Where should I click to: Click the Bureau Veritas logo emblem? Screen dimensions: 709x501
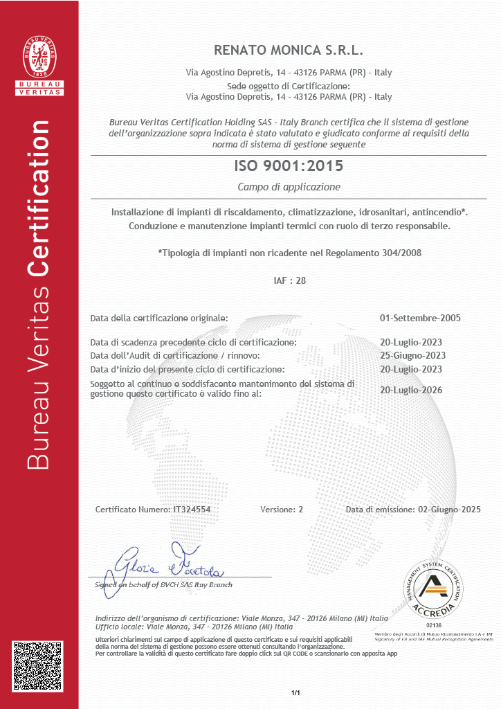(x=39, y=55)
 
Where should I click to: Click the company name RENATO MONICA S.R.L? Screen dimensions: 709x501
(x=289, y=51)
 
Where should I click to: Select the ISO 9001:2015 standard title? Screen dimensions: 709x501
(x=289, y=166)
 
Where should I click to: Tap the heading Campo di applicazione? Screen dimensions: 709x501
(x=289, y=187)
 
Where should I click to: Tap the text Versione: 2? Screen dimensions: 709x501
(x=282, y=510)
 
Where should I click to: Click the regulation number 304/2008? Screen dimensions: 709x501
(x=401, y=253)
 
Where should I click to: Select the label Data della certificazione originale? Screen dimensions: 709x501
(x=159, y=318)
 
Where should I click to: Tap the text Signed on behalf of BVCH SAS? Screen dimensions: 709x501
(x=163, y=584)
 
